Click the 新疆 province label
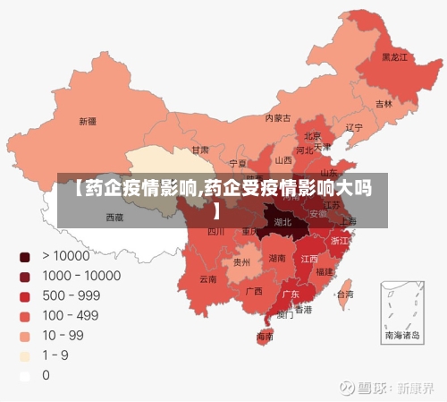pos(87,121)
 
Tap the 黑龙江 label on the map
pos(394,57)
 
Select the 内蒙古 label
pos(278,117)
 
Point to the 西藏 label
pos(115,217)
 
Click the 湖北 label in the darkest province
pos(283,221)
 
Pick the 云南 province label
pos(207,279)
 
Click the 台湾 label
pos(343,294)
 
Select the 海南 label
pos(266,337)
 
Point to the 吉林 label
pos(384,104)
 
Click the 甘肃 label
pos(200,150)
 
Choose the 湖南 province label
pos(278,258)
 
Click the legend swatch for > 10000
pos(25,257)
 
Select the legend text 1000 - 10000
pos(81,277)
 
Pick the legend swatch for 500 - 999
pos(25,296)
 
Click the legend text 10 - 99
pos(63,336)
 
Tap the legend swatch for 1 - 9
pos(25,355)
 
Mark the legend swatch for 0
pos(25,375)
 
